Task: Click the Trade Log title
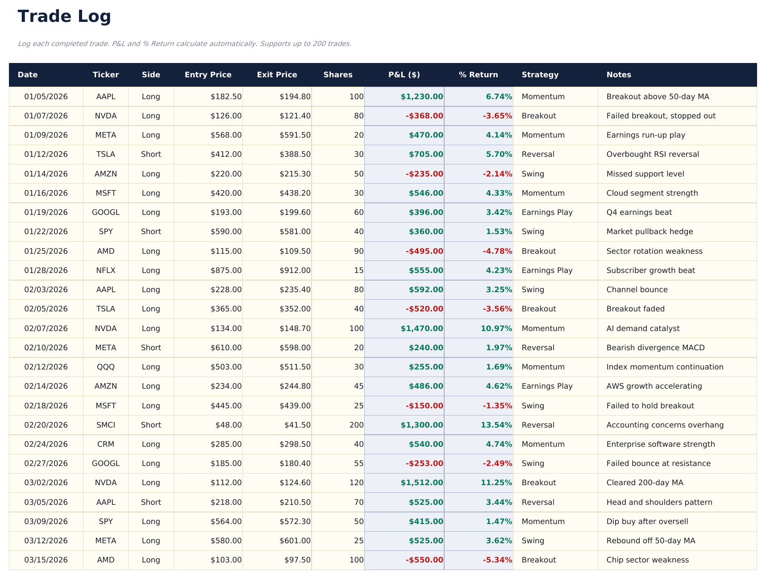[x=64, y=17]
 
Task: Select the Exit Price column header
[x=277, y=75]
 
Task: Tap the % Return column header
[x=478, y=75]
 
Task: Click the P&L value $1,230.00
[x=421, y=96]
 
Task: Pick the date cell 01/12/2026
[x=46, y=154]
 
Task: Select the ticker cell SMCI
[x=106, y=425]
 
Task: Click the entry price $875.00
[x=226, y=270]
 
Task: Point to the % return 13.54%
[x=496, y=425]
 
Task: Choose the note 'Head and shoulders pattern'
[x=659, y=502]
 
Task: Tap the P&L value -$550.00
[x=424, y=560]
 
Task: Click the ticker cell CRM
[x=106, y=444]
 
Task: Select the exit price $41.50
[x=297, y=425]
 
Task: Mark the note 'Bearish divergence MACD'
[x=655, y=348]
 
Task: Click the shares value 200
[x=356, y=425]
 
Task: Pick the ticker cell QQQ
[x=106, y=367]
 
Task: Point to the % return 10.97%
[x=496, y=328]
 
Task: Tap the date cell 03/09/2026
[x=46, y=521]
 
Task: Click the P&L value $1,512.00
[x=421, y=482]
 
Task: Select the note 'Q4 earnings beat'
[x=639, y=212]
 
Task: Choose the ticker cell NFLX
[x=106, y=270]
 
